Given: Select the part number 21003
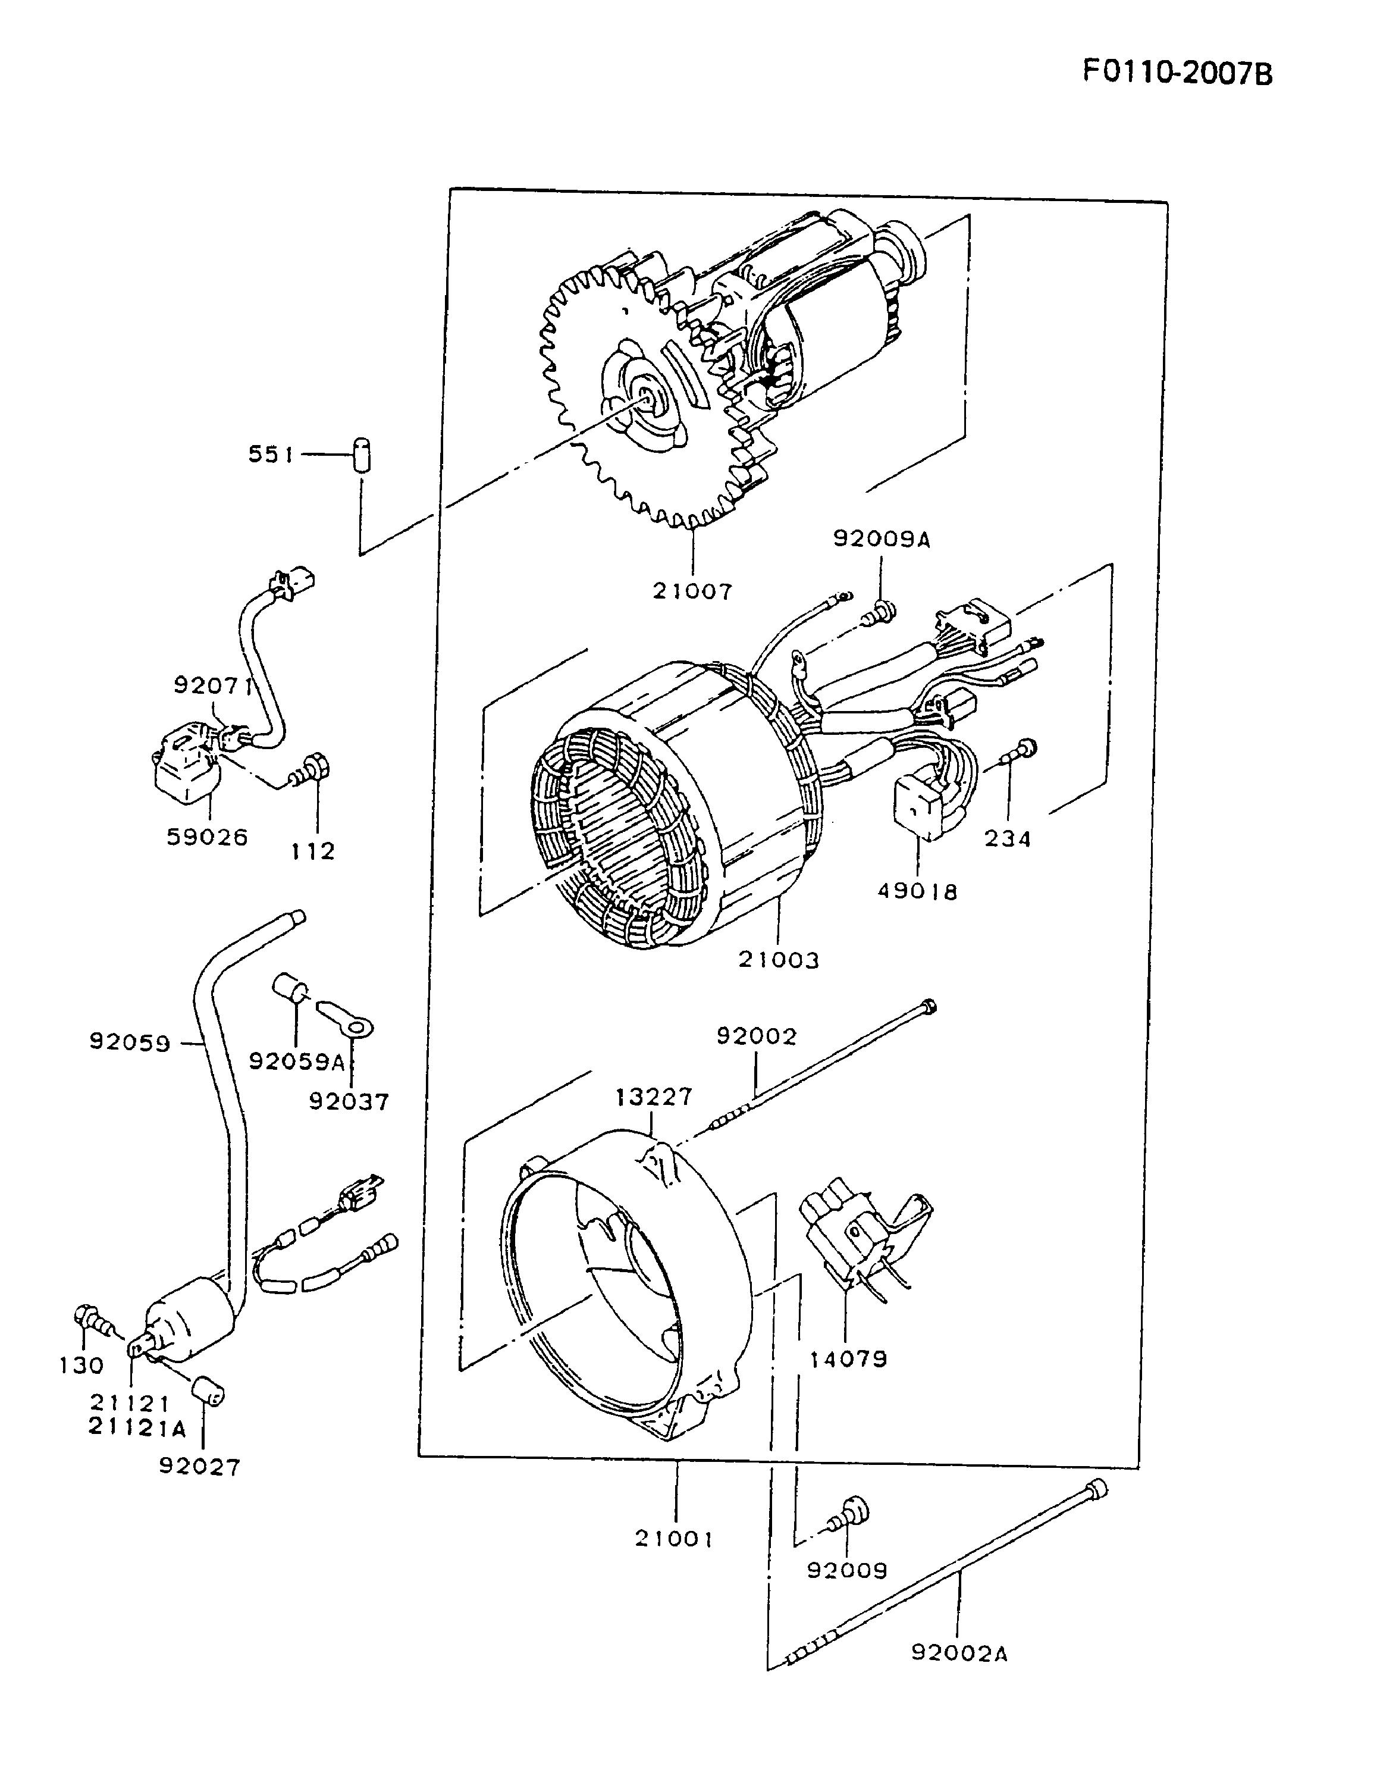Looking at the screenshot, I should click(x=778, y=960).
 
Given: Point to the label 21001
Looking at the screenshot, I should click(x=675, y=1539).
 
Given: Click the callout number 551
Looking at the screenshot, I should click(x=271, y=455).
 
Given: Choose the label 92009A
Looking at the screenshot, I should click(x=882, y=540).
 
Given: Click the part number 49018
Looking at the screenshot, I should click(x=918, y=891).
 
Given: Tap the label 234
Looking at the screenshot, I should click(x=1008, y=838).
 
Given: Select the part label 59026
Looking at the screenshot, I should click(x=208, y=837).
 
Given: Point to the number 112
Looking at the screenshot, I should click(x=313, y=851).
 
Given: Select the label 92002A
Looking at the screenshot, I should click(x=959, y=1654).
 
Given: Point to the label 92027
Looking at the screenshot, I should click(x=200, y=1467).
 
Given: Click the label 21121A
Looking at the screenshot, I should click(x=138, y=1428).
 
